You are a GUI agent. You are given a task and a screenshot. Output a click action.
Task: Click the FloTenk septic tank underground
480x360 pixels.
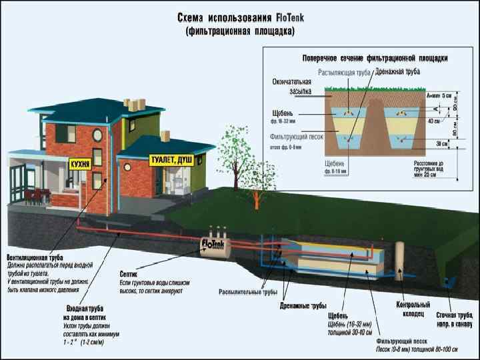(x=215, y=247)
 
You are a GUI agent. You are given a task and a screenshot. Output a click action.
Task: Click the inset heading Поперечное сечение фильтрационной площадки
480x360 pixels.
(x=375, y=58)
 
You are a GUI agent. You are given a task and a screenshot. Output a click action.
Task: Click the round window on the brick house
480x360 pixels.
(x=97, y=135)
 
